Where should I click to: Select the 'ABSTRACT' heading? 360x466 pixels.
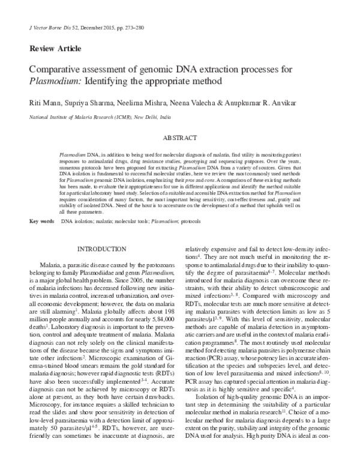[180, 138]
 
